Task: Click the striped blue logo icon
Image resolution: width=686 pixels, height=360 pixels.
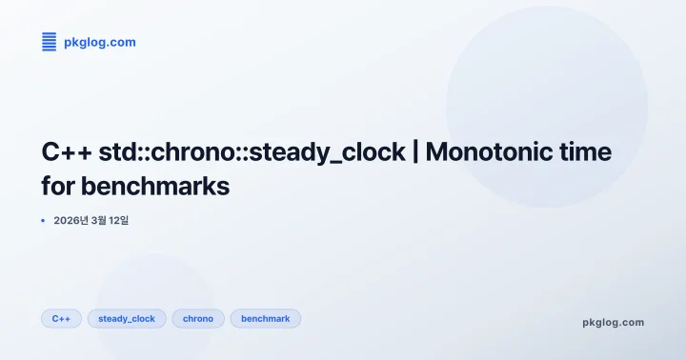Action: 49,41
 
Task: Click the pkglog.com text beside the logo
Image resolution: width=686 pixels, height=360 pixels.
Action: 100,42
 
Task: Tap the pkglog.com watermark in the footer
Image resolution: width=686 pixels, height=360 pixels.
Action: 613,322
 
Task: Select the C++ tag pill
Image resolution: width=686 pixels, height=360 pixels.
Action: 61,319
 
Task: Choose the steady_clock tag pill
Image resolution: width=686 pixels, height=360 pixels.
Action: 127,319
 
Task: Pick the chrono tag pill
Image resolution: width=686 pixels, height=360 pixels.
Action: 198,319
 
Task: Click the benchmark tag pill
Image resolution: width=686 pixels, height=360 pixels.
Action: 266,319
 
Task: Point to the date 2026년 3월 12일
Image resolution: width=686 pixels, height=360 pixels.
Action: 91,221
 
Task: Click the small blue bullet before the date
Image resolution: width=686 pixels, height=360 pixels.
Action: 43,221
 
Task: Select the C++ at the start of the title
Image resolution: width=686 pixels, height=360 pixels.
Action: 67,152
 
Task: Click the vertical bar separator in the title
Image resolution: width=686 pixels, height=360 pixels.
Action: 415,152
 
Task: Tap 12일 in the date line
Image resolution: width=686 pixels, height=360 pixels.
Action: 118,221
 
